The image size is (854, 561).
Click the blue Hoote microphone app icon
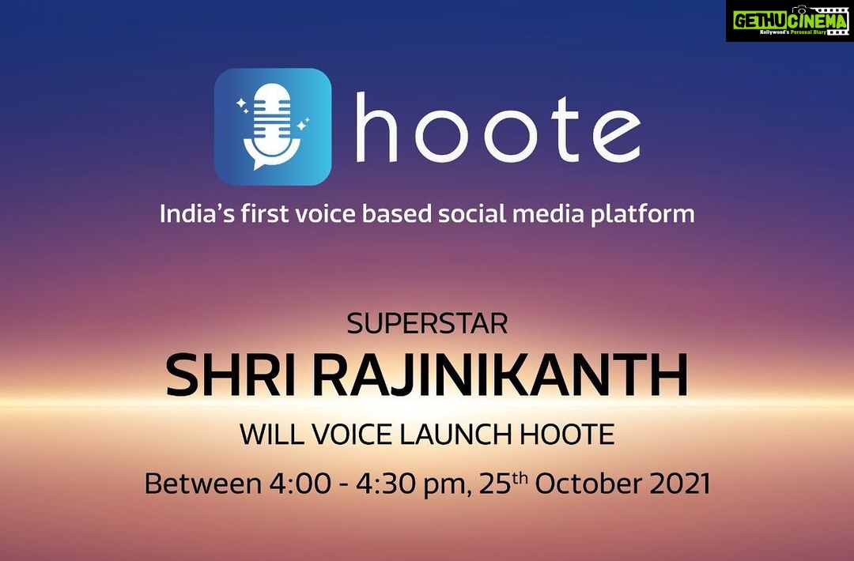tap(272, 126)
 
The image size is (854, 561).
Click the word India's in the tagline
tap(197, 213)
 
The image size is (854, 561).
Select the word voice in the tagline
tap(326, 213)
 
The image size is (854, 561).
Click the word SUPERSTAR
tap(427, 324)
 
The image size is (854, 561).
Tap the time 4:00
tap(300, 484)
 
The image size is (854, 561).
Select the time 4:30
tap(387, 484)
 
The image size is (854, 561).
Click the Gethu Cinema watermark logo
tap(790, 21)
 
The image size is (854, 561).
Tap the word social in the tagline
tap(471, 213)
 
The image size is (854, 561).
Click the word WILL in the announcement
tap(263, 435)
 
